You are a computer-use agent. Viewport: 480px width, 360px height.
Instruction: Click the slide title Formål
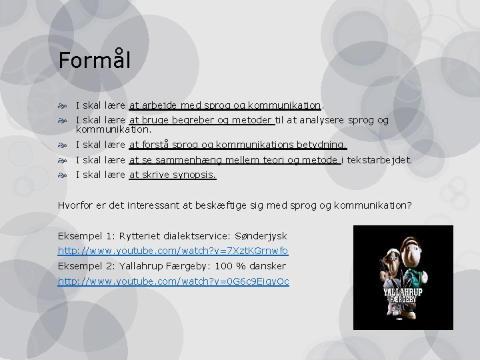(x=94, y=60)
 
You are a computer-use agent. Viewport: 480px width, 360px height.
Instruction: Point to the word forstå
(x=155, y=145)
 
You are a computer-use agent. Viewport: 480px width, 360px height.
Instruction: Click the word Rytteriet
(x=137, y=237)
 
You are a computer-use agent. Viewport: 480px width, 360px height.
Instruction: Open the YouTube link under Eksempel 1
(x=173, y=251)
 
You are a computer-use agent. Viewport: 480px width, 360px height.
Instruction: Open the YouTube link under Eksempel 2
(x=173, y=281)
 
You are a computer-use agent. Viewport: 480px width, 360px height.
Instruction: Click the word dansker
(x=266, y=266)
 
